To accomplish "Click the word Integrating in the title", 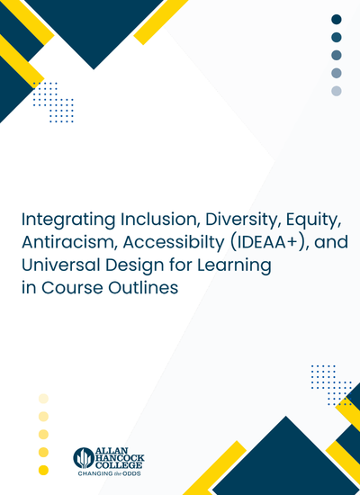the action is [68, 220].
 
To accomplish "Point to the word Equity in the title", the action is [313, 220].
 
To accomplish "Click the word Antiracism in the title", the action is [69, 242].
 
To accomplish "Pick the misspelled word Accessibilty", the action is [174, 243].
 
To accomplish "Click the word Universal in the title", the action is [60, 265].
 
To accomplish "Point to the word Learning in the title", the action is [234, 266].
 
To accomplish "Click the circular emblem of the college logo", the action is [84, 458].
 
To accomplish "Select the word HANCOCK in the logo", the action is [120, 457].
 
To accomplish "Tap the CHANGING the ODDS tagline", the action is [109, 473].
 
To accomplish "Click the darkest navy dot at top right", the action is [337, 19].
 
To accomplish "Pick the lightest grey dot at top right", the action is [337, 91].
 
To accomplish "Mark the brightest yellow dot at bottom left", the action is [43, 470].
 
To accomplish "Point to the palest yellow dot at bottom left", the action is [43, 399].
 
